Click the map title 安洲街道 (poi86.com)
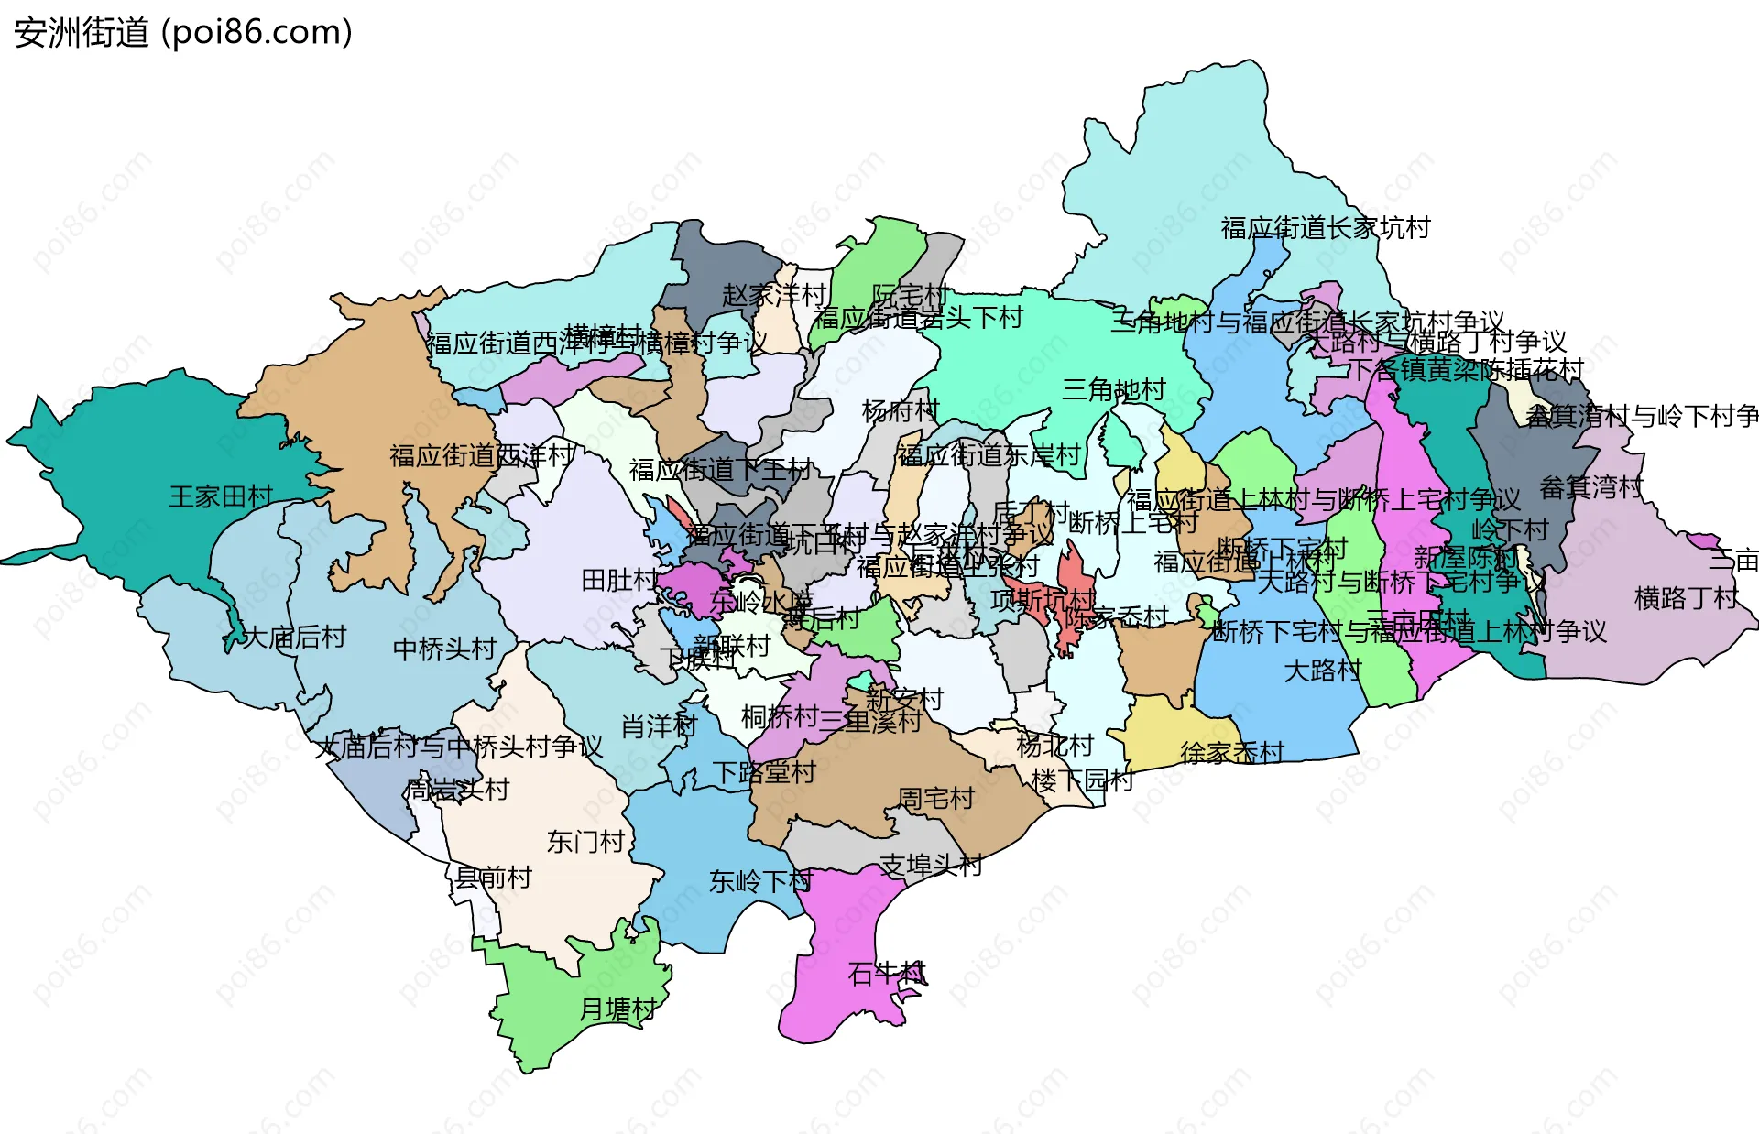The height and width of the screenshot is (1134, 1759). [183, 33]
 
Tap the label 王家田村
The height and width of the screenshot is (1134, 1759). [222, 497]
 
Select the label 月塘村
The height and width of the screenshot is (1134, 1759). [617, 1009]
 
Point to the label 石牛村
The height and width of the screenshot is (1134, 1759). [887, 974]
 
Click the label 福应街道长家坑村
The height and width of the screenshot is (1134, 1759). [1325, 228]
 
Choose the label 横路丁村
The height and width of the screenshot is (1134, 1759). [1686, 599]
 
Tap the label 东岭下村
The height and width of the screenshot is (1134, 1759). [760, 881]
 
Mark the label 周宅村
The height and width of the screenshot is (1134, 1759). [935, 799]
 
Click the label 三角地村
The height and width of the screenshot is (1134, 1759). [1113, 390]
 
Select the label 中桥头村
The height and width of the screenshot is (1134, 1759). [444, 649]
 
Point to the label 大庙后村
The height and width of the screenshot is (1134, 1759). [294, 638]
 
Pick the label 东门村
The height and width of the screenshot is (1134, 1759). [585, 842]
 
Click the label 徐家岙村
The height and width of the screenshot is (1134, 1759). [1232, 753]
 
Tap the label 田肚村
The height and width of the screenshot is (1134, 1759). [620, 581]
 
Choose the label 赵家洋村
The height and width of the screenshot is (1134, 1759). [774, 295]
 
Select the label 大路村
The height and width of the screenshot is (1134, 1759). [1322, 671]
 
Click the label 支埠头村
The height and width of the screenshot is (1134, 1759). [931, 866]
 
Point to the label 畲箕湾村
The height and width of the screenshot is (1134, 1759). [1591, 487]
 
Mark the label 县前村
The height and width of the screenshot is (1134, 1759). [494, 878]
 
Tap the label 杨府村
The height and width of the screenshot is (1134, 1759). [901, 411]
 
